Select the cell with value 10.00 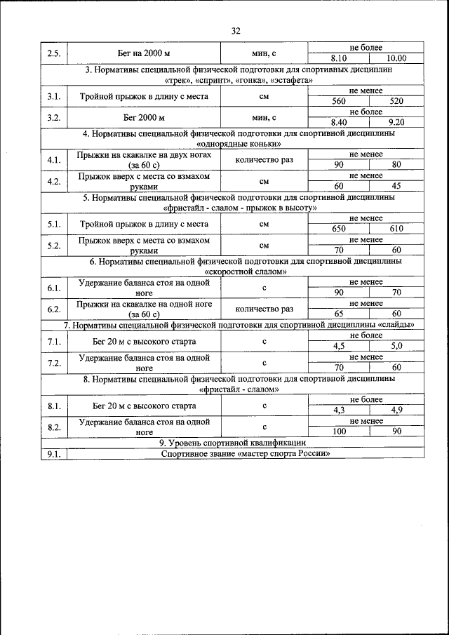coord(396,59)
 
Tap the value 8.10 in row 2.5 coord(339,59)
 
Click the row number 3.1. coord(53,96)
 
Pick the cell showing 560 coord(339,101)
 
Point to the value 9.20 coord(396,122)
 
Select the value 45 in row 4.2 coord(396,186)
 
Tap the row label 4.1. coord(53,160)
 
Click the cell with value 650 coord(339,229)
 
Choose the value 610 coord(396,229)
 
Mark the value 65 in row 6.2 coord(339,314)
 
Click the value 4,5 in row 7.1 coord(339,346)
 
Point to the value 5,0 coord(396,346)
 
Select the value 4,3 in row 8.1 coord(339,410)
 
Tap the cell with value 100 coord(339,432)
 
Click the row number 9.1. coord(53,453)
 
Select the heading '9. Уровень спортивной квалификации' coord(235,443)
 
